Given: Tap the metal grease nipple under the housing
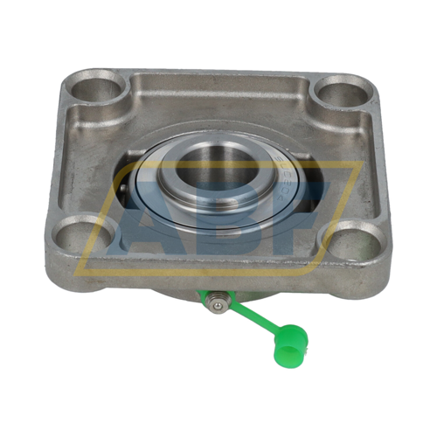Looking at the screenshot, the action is click(x=216, y=303).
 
